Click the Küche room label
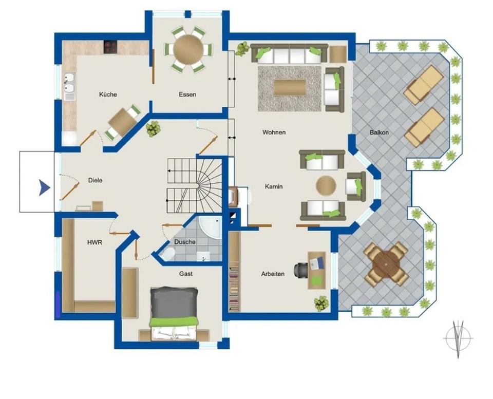(108, 94)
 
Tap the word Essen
(187, 94)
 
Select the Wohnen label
(274, 132)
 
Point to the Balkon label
(379, 132)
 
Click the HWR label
(94, 242)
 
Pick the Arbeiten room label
(273, 274)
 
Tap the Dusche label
(185, 242)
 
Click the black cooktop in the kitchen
(110, 47)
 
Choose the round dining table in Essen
(188, 49)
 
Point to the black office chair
(300, 270)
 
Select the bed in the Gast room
(174, 313)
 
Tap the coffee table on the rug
(290, 87)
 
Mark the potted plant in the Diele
(153, 129)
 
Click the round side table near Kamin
(326, 185)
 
